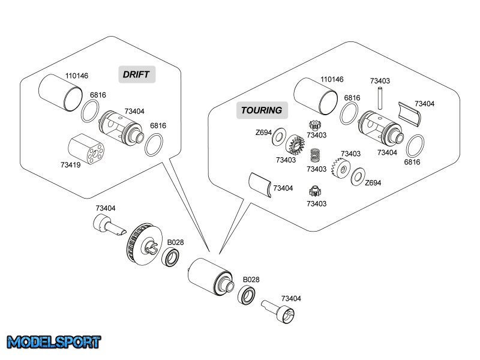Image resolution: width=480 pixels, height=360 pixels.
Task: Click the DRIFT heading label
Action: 136,74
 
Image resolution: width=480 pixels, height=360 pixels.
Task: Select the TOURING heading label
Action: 261,110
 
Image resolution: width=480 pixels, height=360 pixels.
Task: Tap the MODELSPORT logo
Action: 54,343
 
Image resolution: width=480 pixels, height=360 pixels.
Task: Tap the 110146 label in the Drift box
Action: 76,76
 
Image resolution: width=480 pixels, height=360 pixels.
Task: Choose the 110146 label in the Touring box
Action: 332,79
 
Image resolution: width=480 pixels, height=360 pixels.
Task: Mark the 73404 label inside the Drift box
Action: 134,111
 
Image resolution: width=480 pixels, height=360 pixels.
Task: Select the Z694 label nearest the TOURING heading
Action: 263,132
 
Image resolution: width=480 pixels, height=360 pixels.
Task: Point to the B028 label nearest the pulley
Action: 175,242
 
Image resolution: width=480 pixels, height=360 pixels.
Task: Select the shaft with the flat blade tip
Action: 109,226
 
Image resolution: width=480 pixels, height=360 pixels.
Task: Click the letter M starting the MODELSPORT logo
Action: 14,343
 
